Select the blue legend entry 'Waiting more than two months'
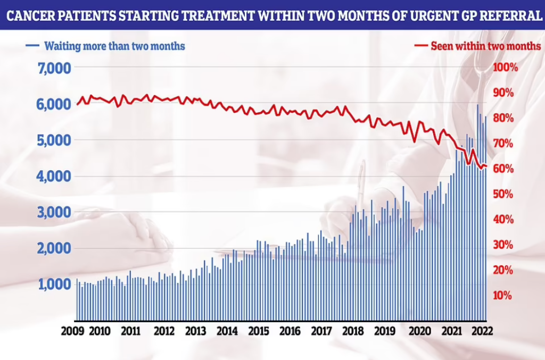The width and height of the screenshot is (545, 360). [114, 46]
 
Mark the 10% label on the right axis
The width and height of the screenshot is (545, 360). [503, 296]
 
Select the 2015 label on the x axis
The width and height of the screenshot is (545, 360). [259, 331]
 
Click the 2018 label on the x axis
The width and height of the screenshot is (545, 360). [352, 331]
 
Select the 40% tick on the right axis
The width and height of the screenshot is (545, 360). [503, 220]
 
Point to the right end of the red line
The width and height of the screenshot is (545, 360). [486, 166]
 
